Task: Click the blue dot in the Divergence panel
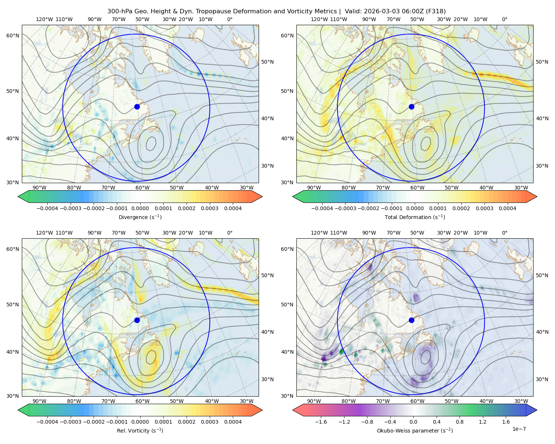(x=137, y=107)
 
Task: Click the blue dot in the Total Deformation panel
(x=411, y=107)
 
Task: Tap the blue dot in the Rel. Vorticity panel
(x=137, y=320)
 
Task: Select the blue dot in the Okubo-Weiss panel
(x=411, y=320)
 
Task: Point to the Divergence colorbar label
(x=140, y=217)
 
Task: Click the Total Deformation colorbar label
(x=415, y=217)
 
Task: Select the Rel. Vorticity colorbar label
(x=140, y=431)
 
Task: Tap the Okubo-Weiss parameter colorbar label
(x=415, y=431)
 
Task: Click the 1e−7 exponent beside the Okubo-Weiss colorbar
(x=519, y=429)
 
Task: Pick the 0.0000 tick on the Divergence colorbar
(x=140, y=208)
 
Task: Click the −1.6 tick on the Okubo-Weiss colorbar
(x=321, y=422)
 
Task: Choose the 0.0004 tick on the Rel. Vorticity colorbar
(x=233, y=422)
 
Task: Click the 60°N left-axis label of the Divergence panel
(x=13, y=36)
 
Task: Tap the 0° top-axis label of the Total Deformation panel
(x=504, y=19)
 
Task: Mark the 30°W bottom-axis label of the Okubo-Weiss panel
(x=521, y=401)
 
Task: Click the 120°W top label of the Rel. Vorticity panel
(x=44, y=233)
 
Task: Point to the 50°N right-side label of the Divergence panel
(x=268, y=62)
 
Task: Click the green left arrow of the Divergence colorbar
(x=23, y=196)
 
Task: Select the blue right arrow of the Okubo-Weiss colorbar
(x=532, y=410)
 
